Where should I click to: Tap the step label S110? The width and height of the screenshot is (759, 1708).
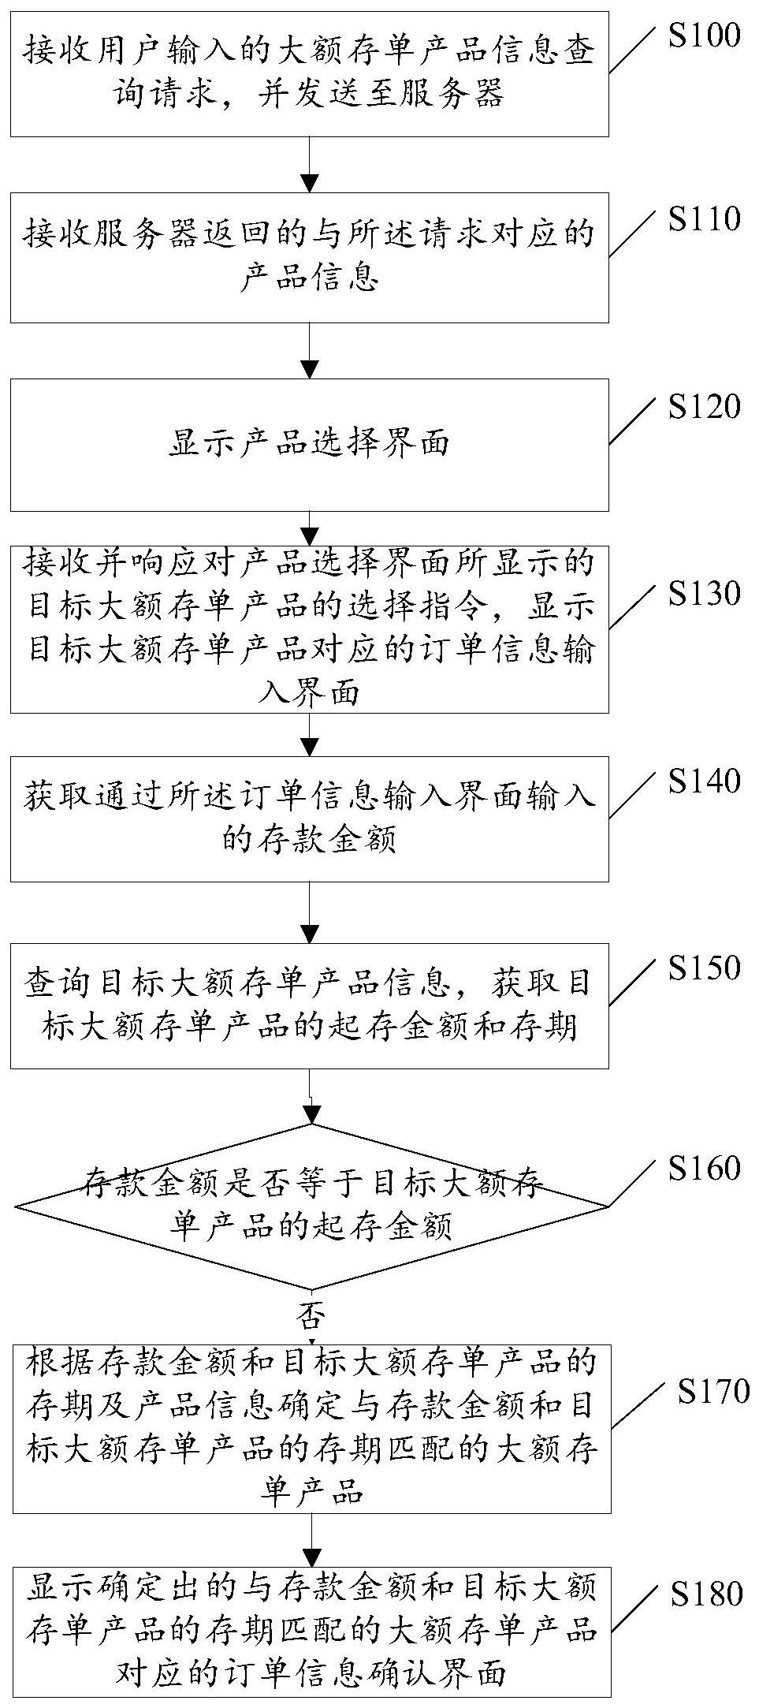coord(704,219)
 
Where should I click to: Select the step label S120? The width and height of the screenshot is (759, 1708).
coord(704,408)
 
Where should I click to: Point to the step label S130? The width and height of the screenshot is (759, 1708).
coord(704,594)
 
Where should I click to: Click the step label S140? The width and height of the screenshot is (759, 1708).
coord(704,781)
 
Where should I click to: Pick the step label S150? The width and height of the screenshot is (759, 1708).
coord(704,968)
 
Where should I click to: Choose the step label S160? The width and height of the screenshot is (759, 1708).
coord(704,1168)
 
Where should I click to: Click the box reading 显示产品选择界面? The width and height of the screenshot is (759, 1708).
coord(309,444)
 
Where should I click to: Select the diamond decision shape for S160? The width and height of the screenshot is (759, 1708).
coord(311,1206)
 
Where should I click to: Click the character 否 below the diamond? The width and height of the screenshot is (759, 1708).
coord(311,1315)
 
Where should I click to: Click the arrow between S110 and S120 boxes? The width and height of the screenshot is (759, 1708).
coord(311,350)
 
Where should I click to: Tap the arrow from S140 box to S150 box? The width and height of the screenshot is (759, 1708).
coord(311,912)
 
